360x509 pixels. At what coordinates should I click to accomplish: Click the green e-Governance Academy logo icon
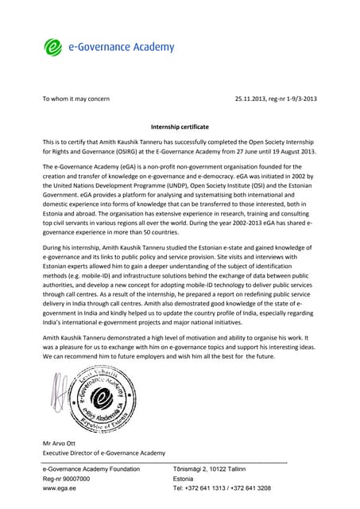coord(53,47)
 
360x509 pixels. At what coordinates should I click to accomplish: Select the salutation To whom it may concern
coord(75,99)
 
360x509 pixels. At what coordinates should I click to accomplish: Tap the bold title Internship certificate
coord(180,126)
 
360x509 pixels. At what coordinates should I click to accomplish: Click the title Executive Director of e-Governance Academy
coord(103,453)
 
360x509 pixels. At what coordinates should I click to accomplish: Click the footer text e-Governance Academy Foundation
coord(91,469)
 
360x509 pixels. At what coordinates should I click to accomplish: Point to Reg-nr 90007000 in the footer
coord(66,479)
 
